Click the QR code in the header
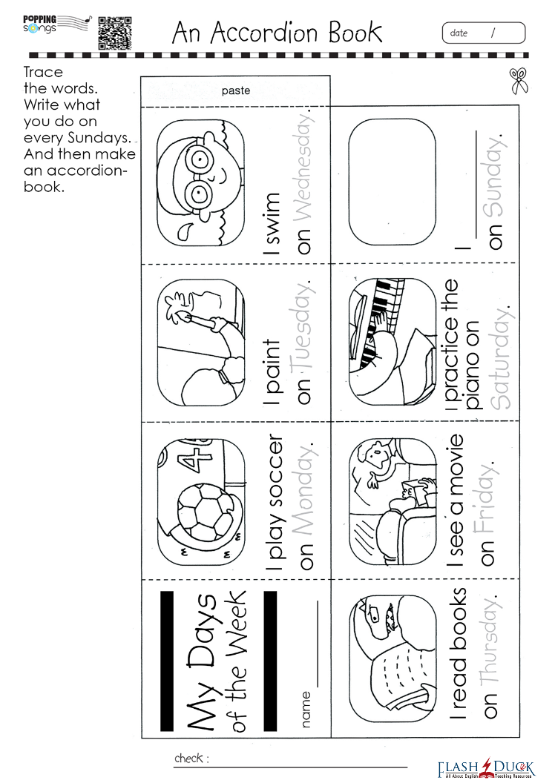tap(115, 33)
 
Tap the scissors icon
tap(519, 81)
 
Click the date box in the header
tap(484, 33)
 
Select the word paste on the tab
tap(236, 90)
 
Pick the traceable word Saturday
tap(499, 357)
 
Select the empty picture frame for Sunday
tap(392, 182)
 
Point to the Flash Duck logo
tap(486, 768)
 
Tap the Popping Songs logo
tap(56, 25)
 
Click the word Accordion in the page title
tap(263, 33)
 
